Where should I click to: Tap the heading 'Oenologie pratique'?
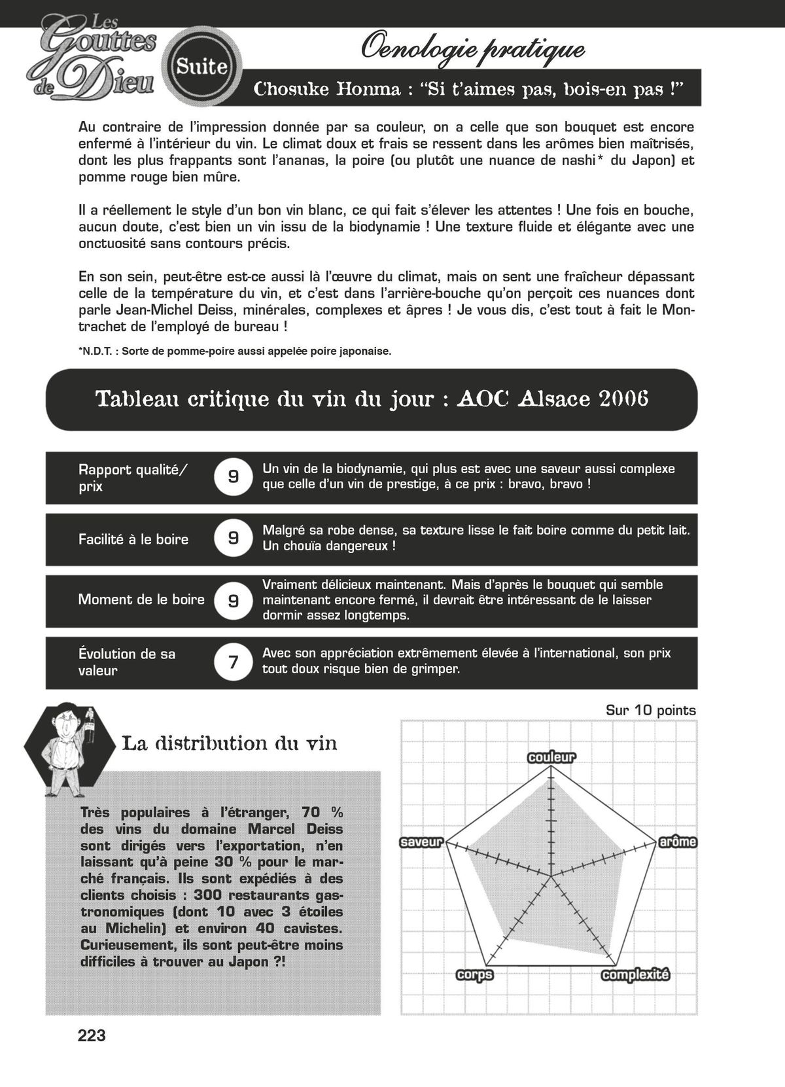tap(472, 48)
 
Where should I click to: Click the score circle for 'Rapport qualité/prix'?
tap(233, 476)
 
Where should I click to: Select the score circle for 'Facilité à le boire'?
tap(233, 538)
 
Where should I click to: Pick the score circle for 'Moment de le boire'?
tap(233, 600)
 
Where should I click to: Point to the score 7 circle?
tap(233, 662)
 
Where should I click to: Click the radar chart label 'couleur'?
tap(551, 757)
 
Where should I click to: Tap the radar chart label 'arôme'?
tap(678, 842)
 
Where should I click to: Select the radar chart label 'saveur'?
tap(422, 842)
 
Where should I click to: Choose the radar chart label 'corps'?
tap(474, 975)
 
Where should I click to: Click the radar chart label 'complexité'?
tap(635, 975)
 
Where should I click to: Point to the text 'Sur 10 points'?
tap(650, 711)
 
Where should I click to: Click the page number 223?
tap(92, 1035)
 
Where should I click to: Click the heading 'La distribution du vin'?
tap(229, 743)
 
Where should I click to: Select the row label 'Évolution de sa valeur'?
tap(127, 662)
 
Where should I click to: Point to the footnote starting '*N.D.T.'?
tap(234, 351)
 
